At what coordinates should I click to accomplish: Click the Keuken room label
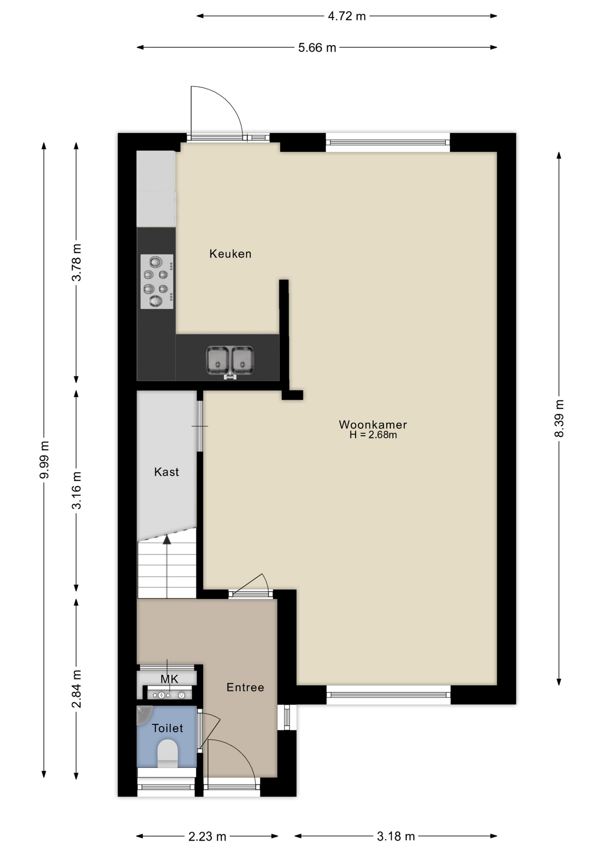(x=230, y=254)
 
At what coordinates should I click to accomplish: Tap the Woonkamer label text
(x=373, y=425)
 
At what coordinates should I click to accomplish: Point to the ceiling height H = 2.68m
(x=373, y=435)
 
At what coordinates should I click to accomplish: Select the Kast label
(x=167, y=472)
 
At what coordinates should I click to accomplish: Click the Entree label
(x=245, y=687)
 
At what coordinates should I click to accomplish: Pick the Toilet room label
(x=167, y=728)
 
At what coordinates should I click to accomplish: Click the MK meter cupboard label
(x=169, y=679)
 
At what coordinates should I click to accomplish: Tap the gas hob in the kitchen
(x=157, y=281)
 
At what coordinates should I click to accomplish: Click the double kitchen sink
(x=230, y=360)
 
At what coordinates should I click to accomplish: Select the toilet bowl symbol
(x=167, y=753)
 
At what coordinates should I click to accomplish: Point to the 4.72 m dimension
(x=347, y=16)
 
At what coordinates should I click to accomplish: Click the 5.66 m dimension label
(x=317, y=47)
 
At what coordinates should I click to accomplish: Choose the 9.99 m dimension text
(x=44, y=460)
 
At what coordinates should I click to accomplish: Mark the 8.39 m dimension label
(x=559, y=418)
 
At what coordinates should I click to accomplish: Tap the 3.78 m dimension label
(x=76, y=262)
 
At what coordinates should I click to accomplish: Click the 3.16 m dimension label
(x=76, y=490)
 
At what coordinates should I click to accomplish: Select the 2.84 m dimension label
(x=76, y=689)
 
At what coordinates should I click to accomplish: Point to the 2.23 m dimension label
(x=207, y=836)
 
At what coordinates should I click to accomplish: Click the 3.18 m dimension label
(x=396, y=836)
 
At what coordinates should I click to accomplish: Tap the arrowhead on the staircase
(x=167, y=540)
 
